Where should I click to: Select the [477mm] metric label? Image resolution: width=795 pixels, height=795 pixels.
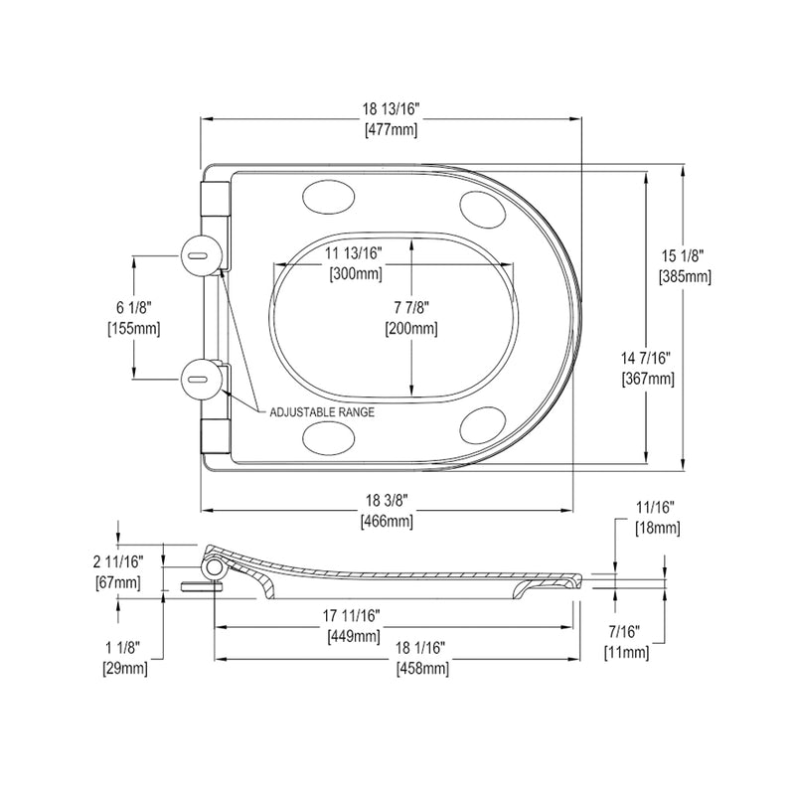point(391,130)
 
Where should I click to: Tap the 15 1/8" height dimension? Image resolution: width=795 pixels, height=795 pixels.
point(685,258)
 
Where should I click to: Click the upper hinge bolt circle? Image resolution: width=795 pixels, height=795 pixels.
point(199,254)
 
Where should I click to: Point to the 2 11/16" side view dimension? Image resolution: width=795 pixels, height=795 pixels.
point(117,563)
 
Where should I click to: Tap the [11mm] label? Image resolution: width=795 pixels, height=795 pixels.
point(626,652)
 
